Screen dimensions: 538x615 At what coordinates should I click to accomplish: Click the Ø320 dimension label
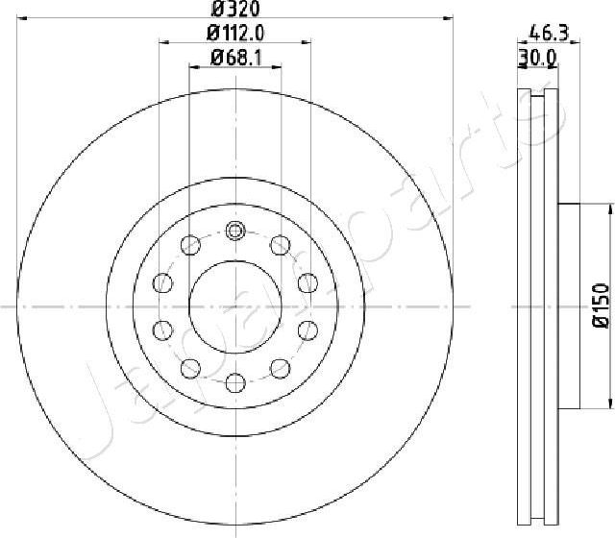[234, 9]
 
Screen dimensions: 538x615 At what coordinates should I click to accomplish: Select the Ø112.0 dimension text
[234, 32]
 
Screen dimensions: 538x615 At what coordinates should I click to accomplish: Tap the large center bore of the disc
[234, 306]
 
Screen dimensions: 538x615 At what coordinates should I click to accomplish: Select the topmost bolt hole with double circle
[235, 231]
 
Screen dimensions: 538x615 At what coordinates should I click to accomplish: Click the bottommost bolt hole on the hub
[234, 383]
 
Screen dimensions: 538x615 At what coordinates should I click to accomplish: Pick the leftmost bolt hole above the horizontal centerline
[163, 282]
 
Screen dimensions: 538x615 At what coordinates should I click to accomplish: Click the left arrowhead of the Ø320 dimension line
[24, 18]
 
